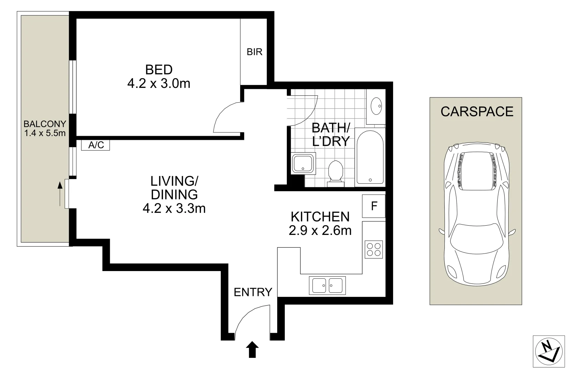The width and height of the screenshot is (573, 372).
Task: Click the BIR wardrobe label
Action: [255, 52]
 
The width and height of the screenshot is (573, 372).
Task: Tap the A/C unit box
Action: [96, 145]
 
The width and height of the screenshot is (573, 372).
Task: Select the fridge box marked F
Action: [374, 206]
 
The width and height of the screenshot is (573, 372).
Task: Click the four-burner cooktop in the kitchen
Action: [374, 249]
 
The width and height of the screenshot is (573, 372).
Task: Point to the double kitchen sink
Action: [327, 286]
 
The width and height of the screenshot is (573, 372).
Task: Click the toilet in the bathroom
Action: [336, 172]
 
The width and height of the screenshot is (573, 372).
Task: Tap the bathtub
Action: [370, 157]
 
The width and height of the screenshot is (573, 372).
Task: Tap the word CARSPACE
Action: [477, 112]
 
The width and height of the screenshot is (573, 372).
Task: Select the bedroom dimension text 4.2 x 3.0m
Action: [159, 84]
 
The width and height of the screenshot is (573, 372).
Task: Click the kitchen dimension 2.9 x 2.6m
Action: [320, 230]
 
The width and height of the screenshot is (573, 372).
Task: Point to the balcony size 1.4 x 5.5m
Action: [45, 133]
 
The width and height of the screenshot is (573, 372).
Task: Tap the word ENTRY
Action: [253, 292]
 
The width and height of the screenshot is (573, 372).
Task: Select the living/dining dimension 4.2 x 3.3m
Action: [174, 208]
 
